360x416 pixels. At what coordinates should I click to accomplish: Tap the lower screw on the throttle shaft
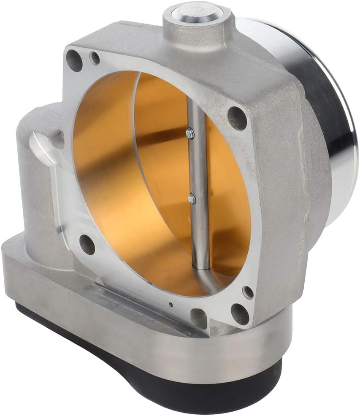192,198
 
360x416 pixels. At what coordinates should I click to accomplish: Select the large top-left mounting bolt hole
74,60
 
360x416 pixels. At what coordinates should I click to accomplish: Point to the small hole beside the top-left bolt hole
95,58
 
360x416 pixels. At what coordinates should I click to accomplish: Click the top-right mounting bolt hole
237,118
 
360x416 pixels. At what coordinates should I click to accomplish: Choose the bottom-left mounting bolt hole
87,243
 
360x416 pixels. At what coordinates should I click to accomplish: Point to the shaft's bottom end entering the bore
202,264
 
